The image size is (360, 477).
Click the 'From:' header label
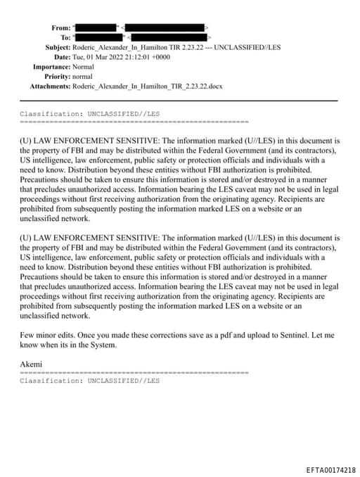[x=61, y=27]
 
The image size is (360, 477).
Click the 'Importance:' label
[x=51, y=66]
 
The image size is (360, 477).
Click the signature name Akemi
[x=31, y=364]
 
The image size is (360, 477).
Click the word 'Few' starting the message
[x=27, y=336]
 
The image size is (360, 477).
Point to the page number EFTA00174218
[x=331, y=469]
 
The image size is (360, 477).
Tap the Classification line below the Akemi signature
[x=89, y=381]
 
